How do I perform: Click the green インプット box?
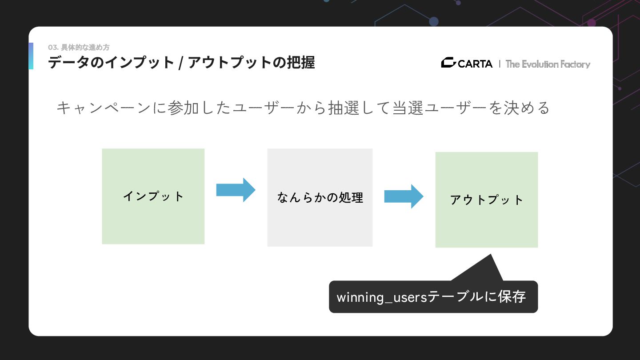(153, 196)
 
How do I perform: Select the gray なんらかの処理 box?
(320, 197)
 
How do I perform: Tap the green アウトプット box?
(486, 200)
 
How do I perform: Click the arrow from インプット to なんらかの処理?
(236, 190)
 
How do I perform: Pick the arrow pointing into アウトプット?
(404, 196)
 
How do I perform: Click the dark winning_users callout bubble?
(433, 296)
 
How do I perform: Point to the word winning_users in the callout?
(381, 297)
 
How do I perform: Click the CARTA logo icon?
(448, 63)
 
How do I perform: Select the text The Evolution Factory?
(548, 64)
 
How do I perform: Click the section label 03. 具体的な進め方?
(79, 47)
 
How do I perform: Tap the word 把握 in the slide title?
(300, 63)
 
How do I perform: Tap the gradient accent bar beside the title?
(31, 56)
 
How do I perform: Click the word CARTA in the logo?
(475, 64)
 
